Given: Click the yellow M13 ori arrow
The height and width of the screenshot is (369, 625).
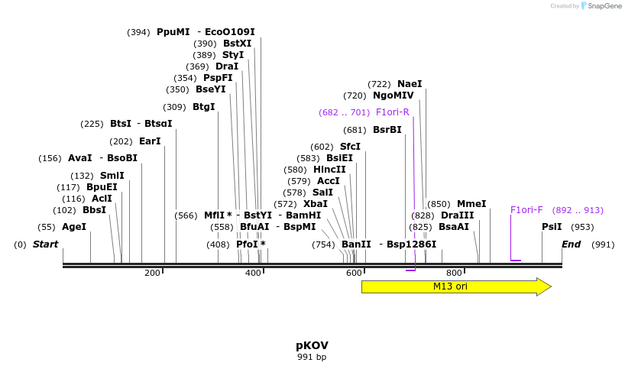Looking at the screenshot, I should click(451, 286).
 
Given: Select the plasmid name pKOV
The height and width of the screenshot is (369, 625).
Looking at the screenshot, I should click(312, 345).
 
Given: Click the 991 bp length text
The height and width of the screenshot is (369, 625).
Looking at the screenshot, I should click(312, 357).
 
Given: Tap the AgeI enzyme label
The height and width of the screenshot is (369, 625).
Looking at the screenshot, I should click(74, 227).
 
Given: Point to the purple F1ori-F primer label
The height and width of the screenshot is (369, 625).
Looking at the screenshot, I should click(526, 210).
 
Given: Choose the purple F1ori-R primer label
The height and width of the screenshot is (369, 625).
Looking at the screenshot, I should click(392, 112).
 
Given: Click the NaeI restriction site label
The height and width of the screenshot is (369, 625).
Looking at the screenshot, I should click(410, 84).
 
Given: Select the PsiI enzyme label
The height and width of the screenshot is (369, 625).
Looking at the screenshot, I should click(552, 227).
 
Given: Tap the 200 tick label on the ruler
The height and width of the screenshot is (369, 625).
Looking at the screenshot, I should click(152, 273).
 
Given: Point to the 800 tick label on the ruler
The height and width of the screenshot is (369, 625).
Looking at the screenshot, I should click(454, 273).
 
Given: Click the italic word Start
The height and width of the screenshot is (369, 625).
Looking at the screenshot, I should click(45, 244).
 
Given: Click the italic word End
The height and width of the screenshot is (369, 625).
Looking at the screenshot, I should click(571, 244).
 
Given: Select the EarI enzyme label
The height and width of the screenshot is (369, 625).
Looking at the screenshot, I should click(150, 141).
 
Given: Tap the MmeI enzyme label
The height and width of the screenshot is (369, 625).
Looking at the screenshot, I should click(471, 204).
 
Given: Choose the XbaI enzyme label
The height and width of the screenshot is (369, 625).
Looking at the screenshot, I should click(316, 204).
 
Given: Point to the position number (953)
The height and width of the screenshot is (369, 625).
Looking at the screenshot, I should click(582, 227).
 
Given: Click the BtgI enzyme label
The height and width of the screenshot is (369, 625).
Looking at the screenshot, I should click(204, 107).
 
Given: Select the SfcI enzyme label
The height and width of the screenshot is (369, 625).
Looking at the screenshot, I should click(350, 147).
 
